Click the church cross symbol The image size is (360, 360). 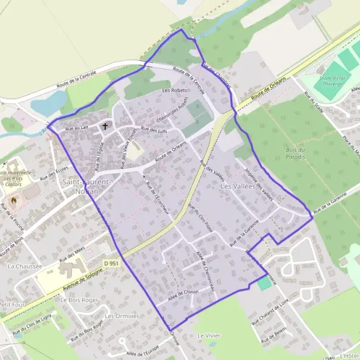[x=106, y=126]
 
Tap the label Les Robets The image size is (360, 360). [x=174, y=91]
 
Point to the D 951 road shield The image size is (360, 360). [x=111, y=263]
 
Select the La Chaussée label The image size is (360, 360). [x=25, y=265]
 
